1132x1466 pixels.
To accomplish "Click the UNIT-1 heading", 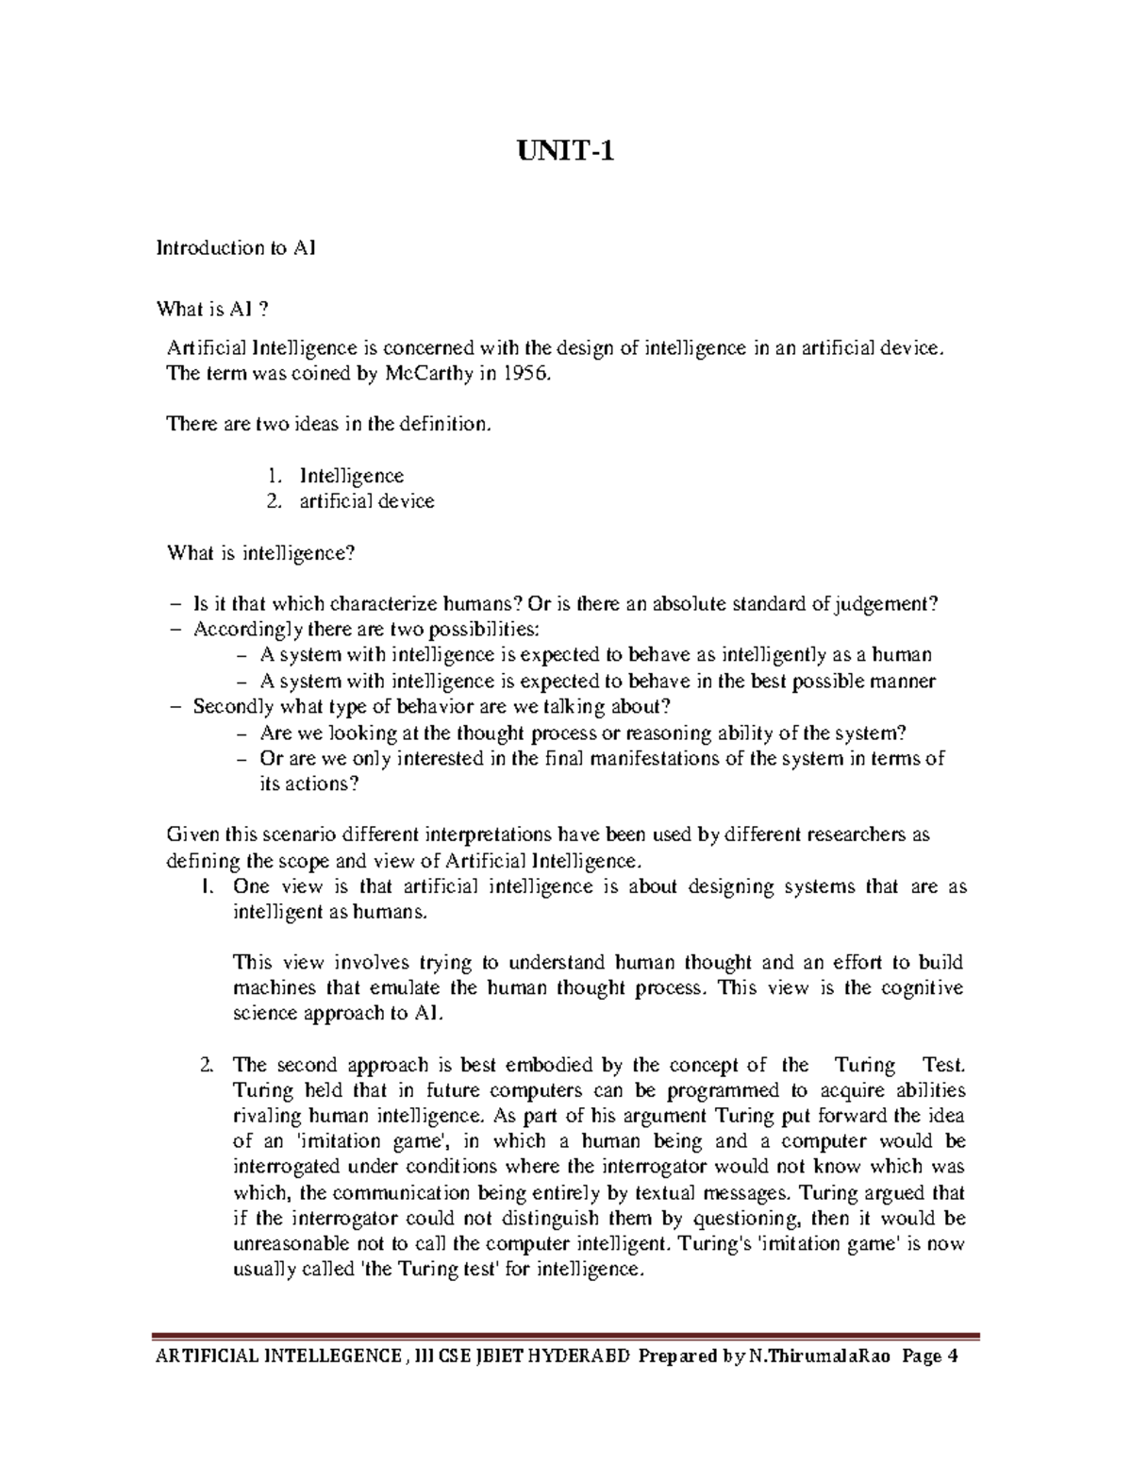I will click(566, 150).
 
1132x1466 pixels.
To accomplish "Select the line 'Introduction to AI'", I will click(236, 248).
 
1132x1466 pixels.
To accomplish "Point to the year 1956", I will click(524, 374).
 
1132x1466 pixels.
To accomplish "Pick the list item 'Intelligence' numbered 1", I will click(351, 476).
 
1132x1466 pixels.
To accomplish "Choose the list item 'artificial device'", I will click(367, 501).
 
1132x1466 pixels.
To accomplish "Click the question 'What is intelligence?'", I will click(261, 553).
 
